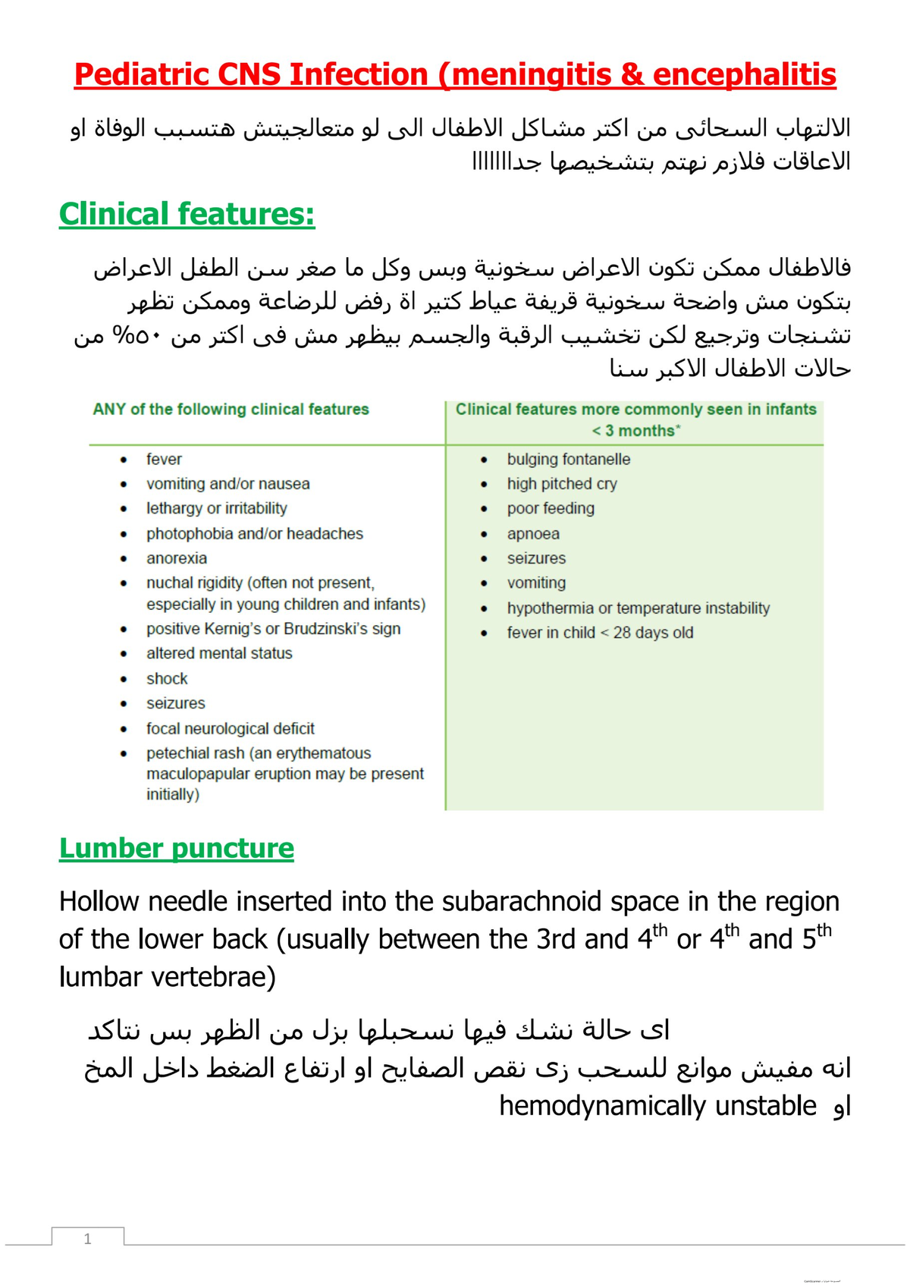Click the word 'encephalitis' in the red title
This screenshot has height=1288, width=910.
744,74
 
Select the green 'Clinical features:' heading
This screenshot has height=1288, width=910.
187,214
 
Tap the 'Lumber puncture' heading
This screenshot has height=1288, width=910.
176,848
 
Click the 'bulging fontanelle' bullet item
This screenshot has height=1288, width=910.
568,459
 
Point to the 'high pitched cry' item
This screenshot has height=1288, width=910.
562,483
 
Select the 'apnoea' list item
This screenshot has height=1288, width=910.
533,533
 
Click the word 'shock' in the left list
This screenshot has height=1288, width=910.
167,678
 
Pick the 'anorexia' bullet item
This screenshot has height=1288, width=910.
177,558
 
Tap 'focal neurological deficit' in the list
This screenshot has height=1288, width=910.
231,728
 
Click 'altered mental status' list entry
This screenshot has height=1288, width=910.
219,653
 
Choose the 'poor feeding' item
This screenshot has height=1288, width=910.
551,508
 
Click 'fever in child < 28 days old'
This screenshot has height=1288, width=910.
600,633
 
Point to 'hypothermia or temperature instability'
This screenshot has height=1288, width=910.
638,608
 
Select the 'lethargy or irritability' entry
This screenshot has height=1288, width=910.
217,508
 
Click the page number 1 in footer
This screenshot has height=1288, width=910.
88,1239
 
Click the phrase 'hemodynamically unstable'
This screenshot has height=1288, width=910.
657,1106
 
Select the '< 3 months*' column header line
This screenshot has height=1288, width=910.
635,431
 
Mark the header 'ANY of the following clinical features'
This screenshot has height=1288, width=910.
231,410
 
